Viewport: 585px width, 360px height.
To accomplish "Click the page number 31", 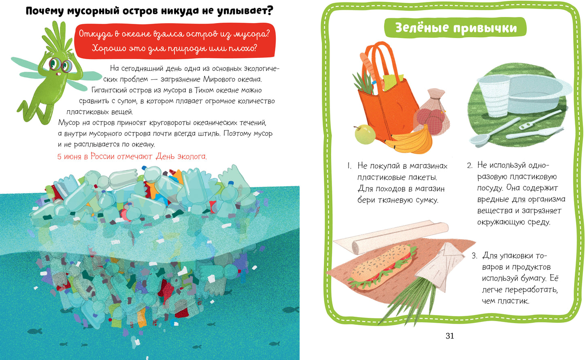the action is (x=450, y=336).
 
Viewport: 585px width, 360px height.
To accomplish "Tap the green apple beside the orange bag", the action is (x=365, y=134).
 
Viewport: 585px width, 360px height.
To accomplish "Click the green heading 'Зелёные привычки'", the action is (x=456, y=28).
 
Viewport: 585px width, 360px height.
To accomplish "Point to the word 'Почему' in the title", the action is (x=45, y=11).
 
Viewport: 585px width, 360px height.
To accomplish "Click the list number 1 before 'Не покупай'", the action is (x=349, y=166).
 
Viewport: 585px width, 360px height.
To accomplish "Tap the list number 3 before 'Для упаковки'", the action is (x=474, y=256).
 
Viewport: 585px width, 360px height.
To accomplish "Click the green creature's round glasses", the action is (x=61, y=65).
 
